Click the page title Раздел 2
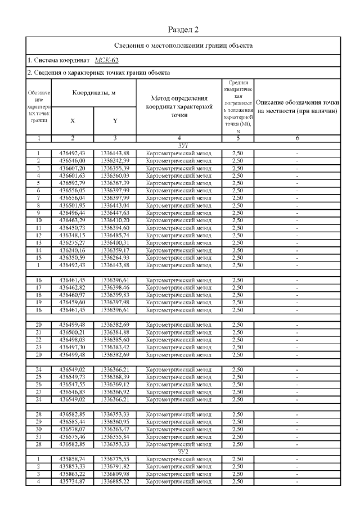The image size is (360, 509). pyautogui.click(x=183, y=29)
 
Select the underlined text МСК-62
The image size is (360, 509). pyautogui.click(x=106, y=60)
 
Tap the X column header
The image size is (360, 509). pyautogui.click(x=72, y=121)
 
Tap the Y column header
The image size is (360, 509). pyautogui.click(x=115, y=121)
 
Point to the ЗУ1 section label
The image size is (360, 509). pyautogui.click(x=183, y=145)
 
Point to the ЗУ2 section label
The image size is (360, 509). pyautogui.click(x=183, y=452)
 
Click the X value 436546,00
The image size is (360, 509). pyautogui.click(x=72, y=160)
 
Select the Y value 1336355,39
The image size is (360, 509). pyautogui.click(x=115, y=168)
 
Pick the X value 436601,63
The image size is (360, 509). pyautogui.click(x=72, y=174)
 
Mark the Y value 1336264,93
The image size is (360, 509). pyautogui.click(x=115, y=258)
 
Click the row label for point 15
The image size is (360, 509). pyautogui.click(x=38, y=258)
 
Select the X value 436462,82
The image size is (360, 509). pyautogui.click(x=72, y=287)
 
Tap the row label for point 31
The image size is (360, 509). pyautogui.click(x=38, y=436)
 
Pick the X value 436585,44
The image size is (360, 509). pyautogui.click(x=72, y=422)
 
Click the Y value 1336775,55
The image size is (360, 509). pyautogui.click(x=115, y=460)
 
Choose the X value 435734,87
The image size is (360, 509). pyautogui.click(x=72, y=481)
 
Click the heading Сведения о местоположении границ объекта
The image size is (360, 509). pyautogui.click(x=183, y=45)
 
